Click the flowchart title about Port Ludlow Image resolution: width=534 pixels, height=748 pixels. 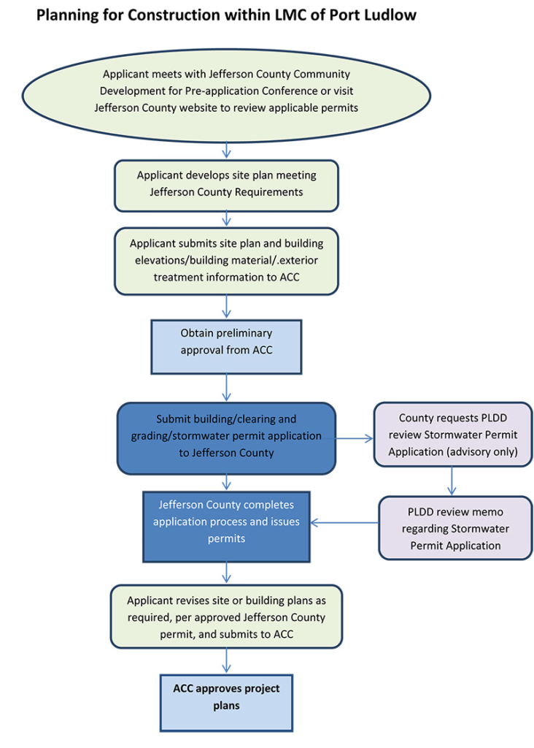pos(226,14)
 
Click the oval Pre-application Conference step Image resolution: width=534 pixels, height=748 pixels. pos(226,91)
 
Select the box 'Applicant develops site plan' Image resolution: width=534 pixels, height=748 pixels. pos(226,184)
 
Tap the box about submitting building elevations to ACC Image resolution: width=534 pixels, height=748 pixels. pos(226,261)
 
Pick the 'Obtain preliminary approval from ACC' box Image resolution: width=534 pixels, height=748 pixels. pos(226,342)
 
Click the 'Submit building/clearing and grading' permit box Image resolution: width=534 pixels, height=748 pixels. pos(226,436)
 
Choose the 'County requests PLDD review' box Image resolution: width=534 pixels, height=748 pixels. pos(452,435)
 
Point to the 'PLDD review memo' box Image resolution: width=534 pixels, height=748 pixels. pos(454,528)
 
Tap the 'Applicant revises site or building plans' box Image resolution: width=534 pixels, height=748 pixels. pos(226,617)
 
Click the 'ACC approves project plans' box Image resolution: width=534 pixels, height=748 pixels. pos(226,697)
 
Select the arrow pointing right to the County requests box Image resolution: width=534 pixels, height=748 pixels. pos(355,437)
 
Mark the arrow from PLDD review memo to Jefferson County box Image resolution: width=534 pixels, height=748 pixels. pos(344,522)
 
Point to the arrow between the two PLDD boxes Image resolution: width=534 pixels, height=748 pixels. pos(452,481)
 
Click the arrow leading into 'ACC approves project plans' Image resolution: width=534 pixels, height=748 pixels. pos(229,662)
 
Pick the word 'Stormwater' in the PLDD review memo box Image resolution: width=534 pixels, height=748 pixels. pos(480,528)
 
